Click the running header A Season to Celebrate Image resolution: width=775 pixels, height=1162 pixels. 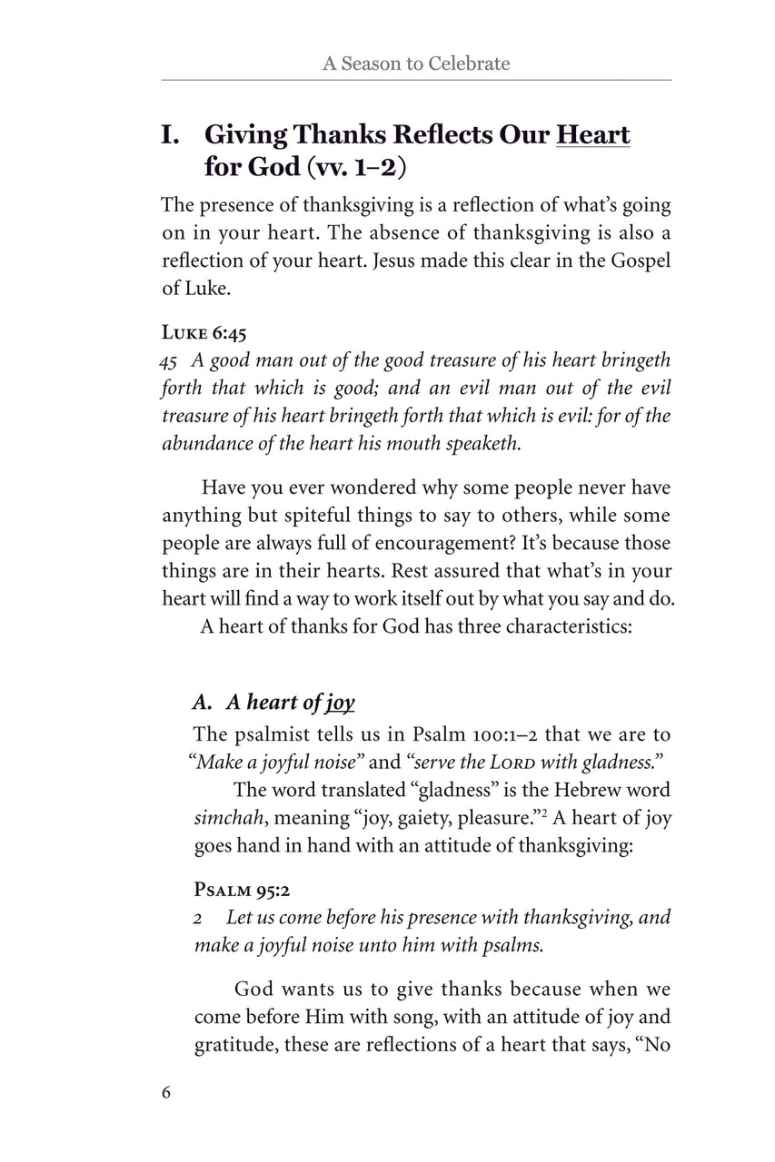[415, 64]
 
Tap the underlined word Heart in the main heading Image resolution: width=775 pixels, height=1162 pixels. [592, 135]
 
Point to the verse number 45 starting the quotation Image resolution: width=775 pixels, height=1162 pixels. [168, 361]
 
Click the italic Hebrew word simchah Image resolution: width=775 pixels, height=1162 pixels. [226, 818]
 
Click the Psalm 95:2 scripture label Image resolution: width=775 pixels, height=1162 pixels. [239, 890]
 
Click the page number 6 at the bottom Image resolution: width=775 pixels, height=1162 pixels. [166, 1091]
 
